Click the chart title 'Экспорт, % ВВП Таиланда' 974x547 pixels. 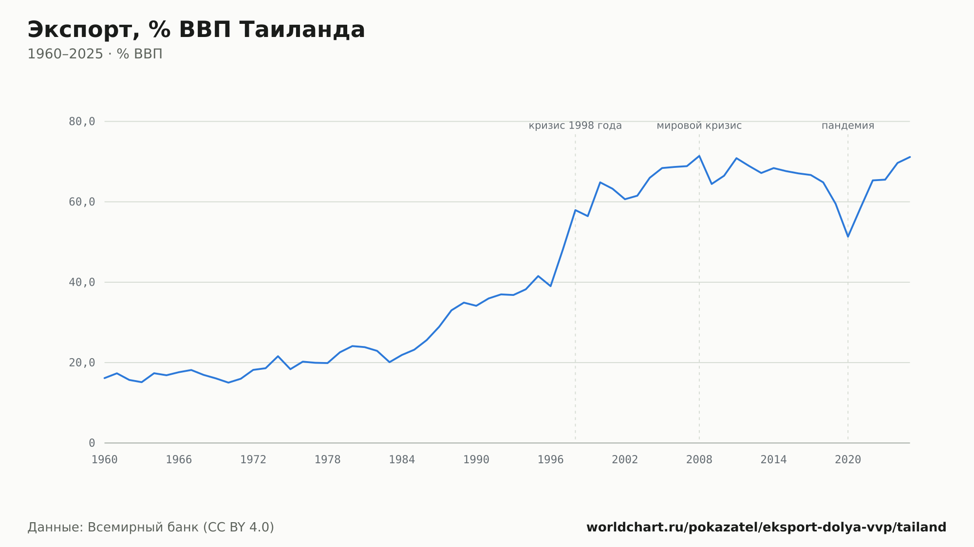tap(196, 30)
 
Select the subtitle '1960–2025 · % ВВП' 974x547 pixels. tap(95, 54)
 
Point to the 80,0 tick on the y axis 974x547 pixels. tap(82, 122)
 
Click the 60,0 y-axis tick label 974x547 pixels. tap(82, 202)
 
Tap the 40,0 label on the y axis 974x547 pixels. tap(82, 282)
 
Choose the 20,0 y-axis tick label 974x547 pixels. tap(82, 363)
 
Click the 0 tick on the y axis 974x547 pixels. tap(92, 443)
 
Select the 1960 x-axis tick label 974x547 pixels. tap(105, 460)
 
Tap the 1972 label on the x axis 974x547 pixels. tap(253, 460)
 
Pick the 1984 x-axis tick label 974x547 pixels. tap(402, 460)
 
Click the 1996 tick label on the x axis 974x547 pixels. tap(550, 460)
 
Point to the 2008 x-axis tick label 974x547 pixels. tap(699, 460)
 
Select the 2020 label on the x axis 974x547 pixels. tap(848, 460)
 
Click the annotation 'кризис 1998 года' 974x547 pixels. tap(575, 126)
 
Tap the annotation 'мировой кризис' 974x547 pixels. tap(699, 126)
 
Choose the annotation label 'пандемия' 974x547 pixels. tap(848, 126)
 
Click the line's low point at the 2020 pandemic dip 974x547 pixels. tap(848, 237)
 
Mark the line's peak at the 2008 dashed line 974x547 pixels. tap(699, 156)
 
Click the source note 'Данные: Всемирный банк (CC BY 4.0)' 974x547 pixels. tap(150, 528)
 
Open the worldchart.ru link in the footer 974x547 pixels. tap(766, 528)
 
